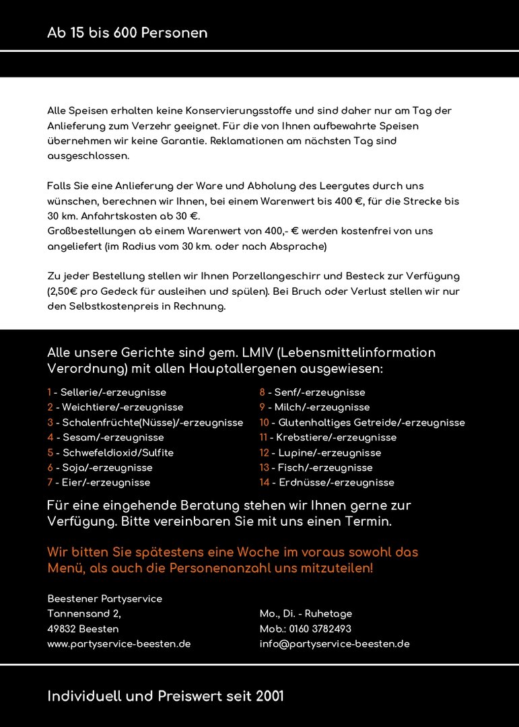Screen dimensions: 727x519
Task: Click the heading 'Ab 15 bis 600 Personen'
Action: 127,33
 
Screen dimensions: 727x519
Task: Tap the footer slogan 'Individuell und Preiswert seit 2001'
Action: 166,696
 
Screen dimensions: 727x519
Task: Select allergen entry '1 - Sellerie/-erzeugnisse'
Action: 106,392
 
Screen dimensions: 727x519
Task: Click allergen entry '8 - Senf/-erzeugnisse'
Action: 312,392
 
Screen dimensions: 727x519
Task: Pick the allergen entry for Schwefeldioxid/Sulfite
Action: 110,453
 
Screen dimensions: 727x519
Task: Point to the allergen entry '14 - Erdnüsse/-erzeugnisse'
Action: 327,483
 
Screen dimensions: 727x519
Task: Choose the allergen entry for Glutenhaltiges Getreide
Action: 362,423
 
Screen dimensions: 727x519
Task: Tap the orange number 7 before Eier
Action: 50,483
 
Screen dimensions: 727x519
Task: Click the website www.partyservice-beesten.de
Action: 119,644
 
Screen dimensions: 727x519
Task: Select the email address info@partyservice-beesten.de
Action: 335,644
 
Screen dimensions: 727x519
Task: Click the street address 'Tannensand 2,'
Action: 84,614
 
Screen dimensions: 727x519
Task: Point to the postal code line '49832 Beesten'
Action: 83,629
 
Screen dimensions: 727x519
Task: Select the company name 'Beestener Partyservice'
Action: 104,599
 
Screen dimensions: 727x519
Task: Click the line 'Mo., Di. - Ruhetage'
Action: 306,614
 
